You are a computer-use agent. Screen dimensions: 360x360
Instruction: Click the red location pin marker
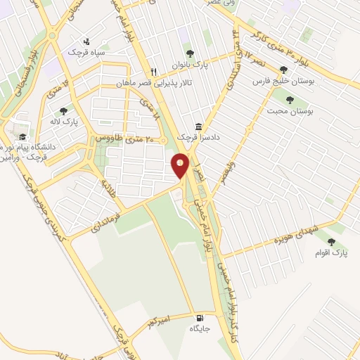click(181, 165)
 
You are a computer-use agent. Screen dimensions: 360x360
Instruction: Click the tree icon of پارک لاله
click(64, 110)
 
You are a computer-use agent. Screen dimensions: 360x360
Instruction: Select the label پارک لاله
click(67, 122)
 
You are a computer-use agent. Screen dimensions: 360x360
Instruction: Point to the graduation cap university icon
click(22, 137)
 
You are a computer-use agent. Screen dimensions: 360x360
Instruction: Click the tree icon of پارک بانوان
click(188, 53)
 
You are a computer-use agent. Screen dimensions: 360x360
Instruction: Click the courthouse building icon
click(200, 127)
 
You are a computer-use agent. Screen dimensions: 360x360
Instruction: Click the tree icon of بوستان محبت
click(288, 99)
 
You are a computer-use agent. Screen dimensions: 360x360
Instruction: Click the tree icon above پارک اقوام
click(330, 240)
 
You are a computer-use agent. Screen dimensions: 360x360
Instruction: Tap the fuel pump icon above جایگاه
click(200, 317)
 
